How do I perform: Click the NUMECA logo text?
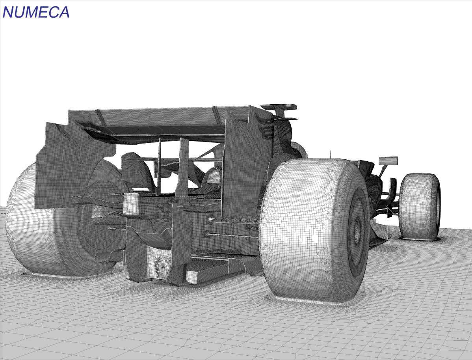36,12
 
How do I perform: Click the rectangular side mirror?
388,161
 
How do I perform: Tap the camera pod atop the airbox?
279,107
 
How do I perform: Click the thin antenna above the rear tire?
331,154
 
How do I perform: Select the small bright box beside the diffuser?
132,204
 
